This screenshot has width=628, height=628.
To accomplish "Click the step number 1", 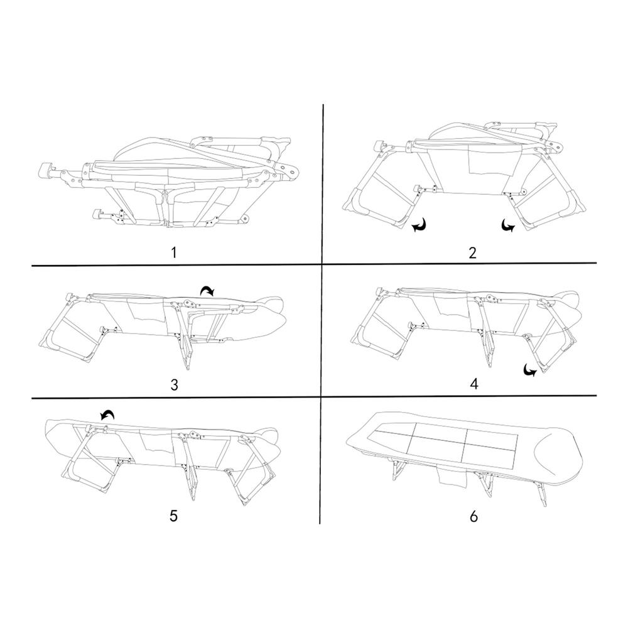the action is (173, 252).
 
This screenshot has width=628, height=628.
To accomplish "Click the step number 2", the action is (473, 252).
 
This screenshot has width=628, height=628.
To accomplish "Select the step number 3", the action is (174, 384).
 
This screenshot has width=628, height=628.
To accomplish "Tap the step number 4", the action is (474, 384).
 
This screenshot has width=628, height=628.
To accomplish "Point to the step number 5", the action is (173, 516).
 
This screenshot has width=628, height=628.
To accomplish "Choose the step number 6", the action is (474, 516).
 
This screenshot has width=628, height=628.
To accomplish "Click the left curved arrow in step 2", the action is (420, 225).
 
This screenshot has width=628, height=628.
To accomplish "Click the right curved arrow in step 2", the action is (508, 225).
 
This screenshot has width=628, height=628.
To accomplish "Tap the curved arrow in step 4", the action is (530, 371).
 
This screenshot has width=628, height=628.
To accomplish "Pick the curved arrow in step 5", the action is (107, 415).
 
